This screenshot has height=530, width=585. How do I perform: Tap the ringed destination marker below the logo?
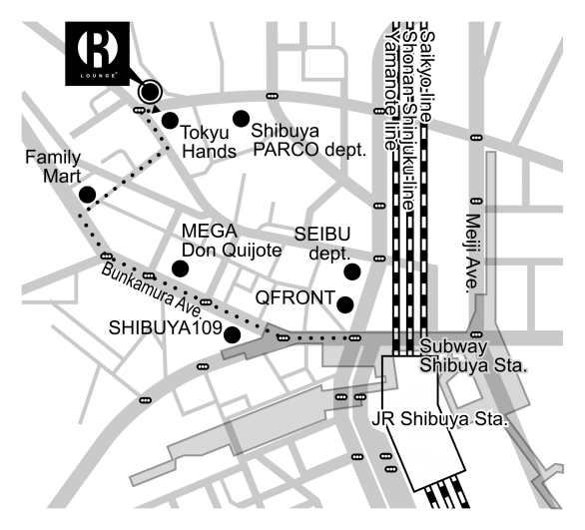(x=150, y=92)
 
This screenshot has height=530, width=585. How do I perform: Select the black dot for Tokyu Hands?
(x=170, y=121)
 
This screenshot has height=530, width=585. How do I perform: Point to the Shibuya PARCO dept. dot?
(x=240, y=119)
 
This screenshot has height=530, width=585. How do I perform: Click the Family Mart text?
(x=52, y=167)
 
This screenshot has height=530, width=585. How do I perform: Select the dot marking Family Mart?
(x=87, y=194)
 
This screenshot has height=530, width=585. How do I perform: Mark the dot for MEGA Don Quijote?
(x=180, y=267)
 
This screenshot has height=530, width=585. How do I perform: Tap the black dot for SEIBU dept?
(x=351, y=270)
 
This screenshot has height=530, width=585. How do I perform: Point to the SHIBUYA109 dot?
(x=231, y=334)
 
